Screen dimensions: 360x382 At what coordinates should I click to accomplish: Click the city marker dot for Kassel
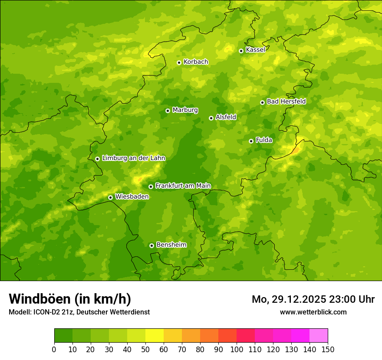tap(241, 51)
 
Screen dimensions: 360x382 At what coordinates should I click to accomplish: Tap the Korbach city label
tap(196, 62)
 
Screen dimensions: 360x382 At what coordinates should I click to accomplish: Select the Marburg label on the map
tap(185, 110)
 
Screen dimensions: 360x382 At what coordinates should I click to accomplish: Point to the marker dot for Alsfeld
tap(211, 118)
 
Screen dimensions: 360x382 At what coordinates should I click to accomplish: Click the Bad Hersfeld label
tap(286, 102)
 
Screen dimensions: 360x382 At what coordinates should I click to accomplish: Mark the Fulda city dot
tap(251, 141)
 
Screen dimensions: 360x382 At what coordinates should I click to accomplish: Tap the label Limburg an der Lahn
tap(133, 158)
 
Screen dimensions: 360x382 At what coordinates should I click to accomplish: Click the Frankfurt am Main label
tap(183, 186)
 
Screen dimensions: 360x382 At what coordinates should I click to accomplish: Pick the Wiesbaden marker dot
tap(110, 197)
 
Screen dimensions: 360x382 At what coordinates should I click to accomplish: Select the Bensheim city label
tap(171, 245)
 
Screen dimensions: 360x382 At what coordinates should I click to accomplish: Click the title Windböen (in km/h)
tap(69, 299)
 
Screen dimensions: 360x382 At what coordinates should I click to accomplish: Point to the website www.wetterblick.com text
tap(313, 312)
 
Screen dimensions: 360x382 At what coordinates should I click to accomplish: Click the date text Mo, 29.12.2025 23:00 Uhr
tap(313, 299)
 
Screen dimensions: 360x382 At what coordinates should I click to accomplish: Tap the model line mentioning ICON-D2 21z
tap(79, 312)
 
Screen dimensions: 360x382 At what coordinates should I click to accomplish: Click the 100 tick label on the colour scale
tap(237, 349)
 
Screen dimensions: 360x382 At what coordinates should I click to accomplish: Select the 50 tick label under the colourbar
tap(145, 349)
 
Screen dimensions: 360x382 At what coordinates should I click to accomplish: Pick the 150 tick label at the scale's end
tap(328, 349)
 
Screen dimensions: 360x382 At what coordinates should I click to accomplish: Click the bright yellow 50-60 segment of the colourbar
tap(155, 336)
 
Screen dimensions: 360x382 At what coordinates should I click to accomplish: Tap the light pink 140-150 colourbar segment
tap(319, 336)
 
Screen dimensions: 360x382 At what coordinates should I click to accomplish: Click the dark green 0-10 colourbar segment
tap(63, 336)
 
